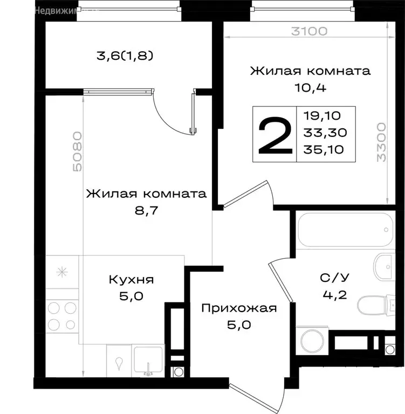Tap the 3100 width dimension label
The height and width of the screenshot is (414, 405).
pyautogui.click(x=309, y=31)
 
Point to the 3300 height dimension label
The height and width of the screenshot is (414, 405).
pyautogui.click(x=381, y=142)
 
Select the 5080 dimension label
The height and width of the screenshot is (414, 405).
pyautogui.click(x=77, y=151)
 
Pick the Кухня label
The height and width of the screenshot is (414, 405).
pyautogui.click(x=131, y=280)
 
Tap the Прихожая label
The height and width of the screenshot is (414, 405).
pyautogui.click(x=238, y=308)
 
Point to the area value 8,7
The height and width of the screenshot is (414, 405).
pyautogui.click(x=146, y=210)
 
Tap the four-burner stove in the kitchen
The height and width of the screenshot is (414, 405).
pyautogui.click(x=61, y=316)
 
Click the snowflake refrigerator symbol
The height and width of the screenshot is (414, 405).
pyautogui.click(x=62, y=272)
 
